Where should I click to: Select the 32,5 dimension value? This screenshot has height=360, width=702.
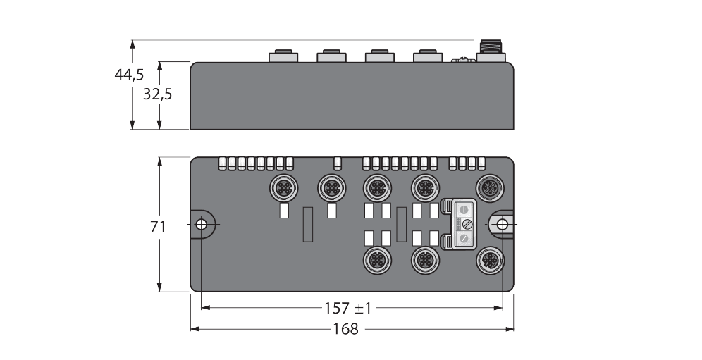(157, 94)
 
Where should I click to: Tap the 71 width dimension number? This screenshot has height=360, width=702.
(159, 226)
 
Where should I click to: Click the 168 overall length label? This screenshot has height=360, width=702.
(346, 329)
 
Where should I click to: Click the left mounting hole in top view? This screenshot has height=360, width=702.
(201, 224)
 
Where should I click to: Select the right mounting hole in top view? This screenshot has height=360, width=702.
(502, 224)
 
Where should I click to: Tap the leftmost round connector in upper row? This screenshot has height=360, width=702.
(283, 187)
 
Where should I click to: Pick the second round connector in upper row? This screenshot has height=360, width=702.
(331, 187)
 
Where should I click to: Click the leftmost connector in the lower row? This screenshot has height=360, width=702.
(375, 261)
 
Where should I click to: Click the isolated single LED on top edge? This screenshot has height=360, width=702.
(338, 163)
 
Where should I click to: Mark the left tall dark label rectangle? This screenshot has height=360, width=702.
(307, 225)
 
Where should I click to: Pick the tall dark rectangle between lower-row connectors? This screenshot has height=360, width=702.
(401, 225)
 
